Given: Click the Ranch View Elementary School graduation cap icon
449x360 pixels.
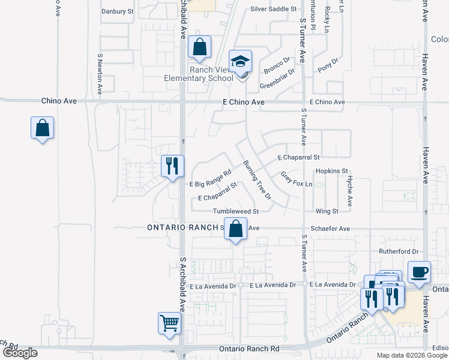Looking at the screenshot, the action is point(241,62).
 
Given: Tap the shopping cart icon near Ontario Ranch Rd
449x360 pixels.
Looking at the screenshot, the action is point(170,323).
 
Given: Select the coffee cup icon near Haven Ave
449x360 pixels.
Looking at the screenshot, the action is point(419,272).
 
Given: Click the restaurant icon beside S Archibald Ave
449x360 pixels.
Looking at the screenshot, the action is point(172,166).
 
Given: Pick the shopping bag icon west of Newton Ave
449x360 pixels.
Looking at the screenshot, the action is point(42,128).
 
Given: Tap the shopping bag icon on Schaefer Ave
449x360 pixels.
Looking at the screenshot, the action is point(236,229).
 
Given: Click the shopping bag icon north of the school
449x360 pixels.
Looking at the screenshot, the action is point(199,47).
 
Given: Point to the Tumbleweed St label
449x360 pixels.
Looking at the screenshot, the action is point(235,211).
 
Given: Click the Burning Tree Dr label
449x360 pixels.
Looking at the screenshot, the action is point(258,180).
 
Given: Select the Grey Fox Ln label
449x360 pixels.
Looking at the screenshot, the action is point(297,179).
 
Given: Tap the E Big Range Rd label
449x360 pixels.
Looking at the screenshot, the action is point(210,179).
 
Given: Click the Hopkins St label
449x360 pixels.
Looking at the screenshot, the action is point(332,171).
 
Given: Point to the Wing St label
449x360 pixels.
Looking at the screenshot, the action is point(327,211).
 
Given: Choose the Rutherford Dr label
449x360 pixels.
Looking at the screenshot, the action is point(397,251).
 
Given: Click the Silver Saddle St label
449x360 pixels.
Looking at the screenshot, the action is point(274,9).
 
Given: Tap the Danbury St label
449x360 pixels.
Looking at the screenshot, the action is point(117,11).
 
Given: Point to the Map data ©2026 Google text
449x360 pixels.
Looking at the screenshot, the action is point(412,355).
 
